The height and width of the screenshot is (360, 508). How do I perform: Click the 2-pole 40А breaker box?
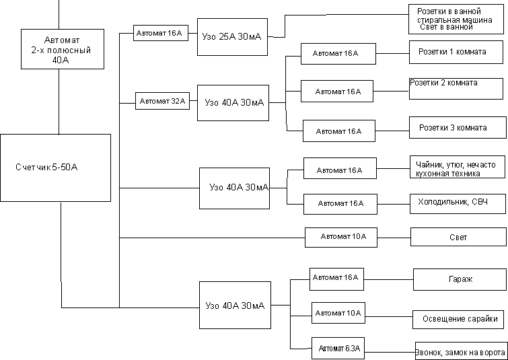point(63,49)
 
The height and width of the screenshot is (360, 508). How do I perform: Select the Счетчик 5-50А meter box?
point(55,168)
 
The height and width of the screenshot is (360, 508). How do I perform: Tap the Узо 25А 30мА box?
point(232,37)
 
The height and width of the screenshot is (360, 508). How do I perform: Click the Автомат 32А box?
point(162,101)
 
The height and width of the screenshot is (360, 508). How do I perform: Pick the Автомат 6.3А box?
point(339,349)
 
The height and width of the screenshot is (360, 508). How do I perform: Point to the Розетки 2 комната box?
point(458,88)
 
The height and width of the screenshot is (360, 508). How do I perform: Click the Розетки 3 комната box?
point(458,127)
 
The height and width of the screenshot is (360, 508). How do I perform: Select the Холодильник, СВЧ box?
point(458,204)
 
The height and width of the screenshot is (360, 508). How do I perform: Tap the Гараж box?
point(460,279)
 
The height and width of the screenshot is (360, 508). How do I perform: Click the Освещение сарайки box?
point(458,319)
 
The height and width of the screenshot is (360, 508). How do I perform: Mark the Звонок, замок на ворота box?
point(461,351)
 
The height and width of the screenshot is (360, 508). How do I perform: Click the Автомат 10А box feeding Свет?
point(341,237)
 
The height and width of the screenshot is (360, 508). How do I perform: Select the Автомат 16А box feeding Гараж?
point(336,279)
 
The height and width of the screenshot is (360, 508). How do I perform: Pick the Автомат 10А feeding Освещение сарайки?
point(338,313)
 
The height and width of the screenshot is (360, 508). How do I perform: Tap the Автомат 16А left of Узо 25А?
point(161,33)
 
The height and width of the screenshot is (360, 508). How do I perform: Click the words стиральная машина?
point(455,20)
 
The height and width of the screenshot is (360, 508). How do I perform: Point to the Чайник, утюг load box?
point(458,167)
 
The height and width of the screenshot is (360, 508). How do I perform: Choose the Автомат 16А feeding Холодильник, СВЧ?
point(340,204)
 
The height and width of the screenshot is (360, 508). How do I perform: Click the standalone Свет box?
point(458,237)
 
